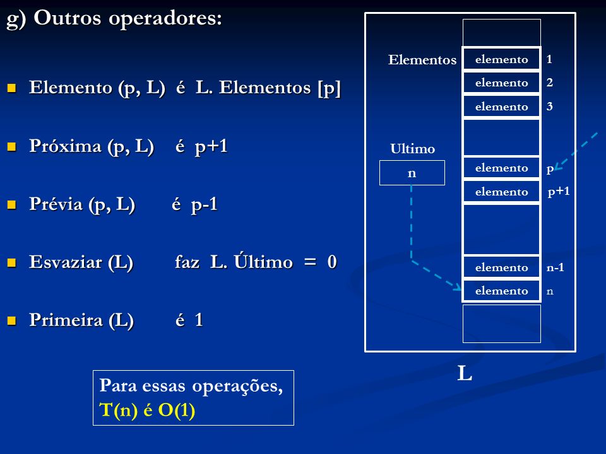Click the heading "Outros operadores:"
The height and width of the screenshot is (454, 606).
point(128,18)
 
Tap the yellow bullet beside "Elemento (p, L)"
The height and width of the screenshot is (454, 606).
point(11,88)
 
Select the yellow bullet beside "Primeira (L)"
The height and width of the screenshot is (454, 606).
point(11,320)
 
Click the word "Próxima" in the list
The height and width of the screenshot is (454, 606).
point(65,146)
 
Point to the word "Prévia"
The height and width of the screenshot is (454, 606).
point(56,204)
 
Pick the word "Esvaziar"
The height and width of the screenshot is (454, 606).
point(65,262)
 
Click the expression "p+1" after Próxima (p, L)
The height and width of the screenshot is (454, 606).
point(211,147)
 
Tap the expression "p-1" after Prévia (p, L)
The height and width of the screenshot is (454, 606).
point(204,205)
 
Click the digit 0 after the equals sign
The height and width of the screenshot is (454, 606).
point(332,262)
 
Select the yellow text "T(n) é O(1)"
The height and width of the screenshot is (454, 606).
point(147,410)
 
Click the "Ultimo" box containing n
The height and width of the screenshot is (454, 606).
point(412,173)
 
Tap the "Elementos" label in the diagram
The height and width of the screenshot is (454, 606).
point(422,60)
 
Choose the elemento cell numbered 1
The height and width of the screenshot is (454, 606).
point(501,59)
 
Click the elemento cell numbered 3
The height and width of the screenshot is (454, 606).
point(501,107)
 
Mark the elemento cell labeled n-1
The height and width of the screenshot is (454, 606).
point(501,267)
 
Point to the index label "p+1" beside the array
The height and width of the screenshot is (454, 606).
point(559,192)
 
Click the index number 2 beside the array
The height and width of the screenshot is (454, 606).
point(550,82)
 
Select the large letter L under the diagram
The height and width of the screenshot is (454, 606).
point(465,373)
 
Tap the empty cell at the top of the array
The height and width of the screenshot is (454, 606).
point(502,32)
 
